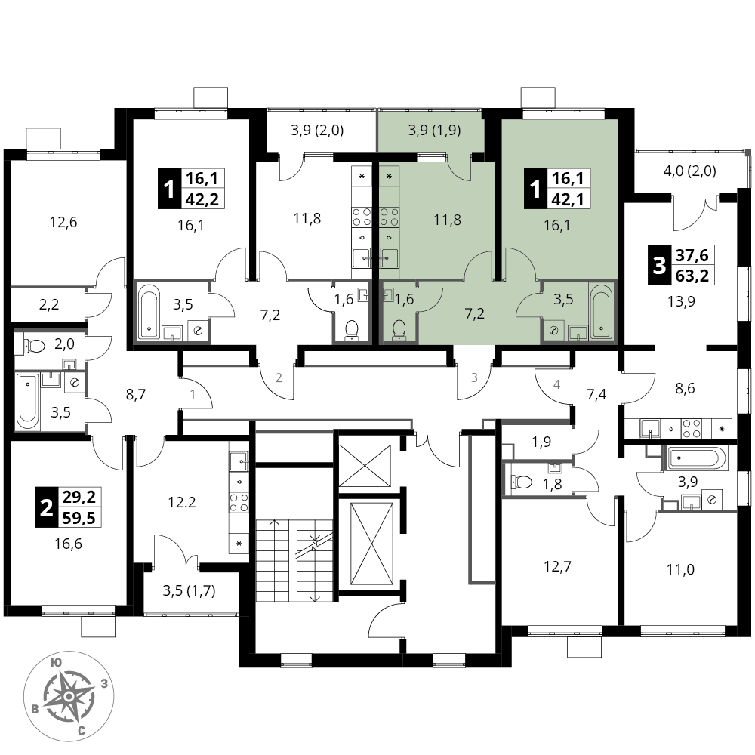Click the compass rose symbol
pos(69,696)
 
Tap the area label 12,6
pos(63,223)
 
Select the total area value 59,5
pos(79,518)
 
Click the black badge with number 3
pos(658,265)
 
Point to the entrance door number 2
pos(279,377)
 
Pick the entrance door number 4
pos(557,384)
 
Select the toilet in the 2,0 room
pos(32,345)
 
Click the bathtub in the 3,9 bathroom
pos(697,457)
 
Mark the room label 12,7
pos(558,566)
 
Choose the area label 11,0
pos(681,569)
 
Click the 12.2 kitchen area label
pos(182,502)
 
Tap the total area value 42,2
pos(202,199)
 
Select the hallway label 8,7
pos(136,395)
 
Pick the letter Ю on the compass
pos(56,663)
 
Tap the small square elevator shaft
pos(365,464)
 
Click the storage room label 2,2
pos(48,304)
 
